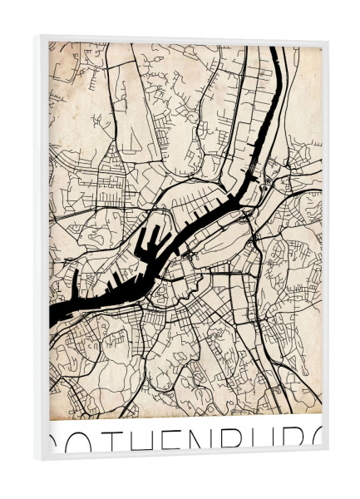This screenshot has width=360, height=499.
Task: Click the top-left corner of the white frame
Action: [x=35, y=36]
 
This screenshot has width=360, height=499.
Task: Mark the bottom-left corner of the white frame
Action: [x=35, y=460]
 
